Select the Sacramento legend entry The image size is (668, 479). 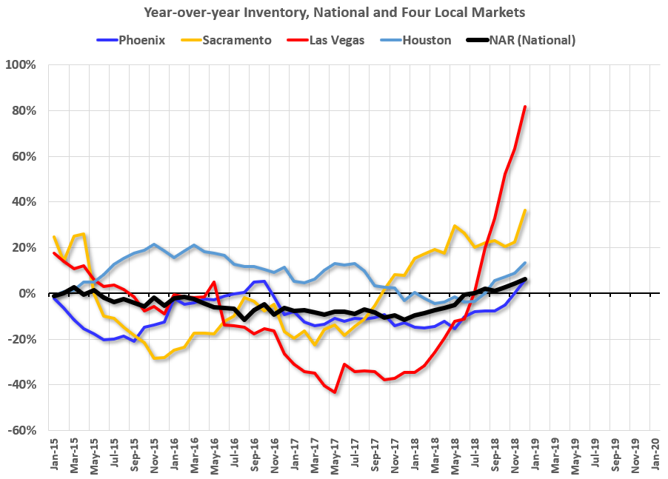(226, 40)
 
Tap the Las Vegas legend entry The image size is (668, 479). (327, 40)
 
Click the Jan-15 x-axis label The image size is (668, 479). (53, 452)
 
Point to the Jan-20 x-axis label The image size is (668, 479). (654, 452)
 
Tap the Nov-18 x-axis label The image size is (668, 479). (514, 452)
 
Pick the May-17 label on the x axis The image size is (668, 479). (334, 452)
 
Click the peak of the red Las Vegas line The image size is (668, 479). (524, 107)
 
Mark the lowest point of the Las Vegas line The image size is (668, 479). (335, 392)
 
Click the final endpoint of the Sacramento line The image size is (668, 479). (524, 210)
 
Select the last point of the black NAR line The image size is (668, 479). (524, 279)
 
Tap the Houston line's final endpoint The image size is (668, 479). (524, 263)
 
